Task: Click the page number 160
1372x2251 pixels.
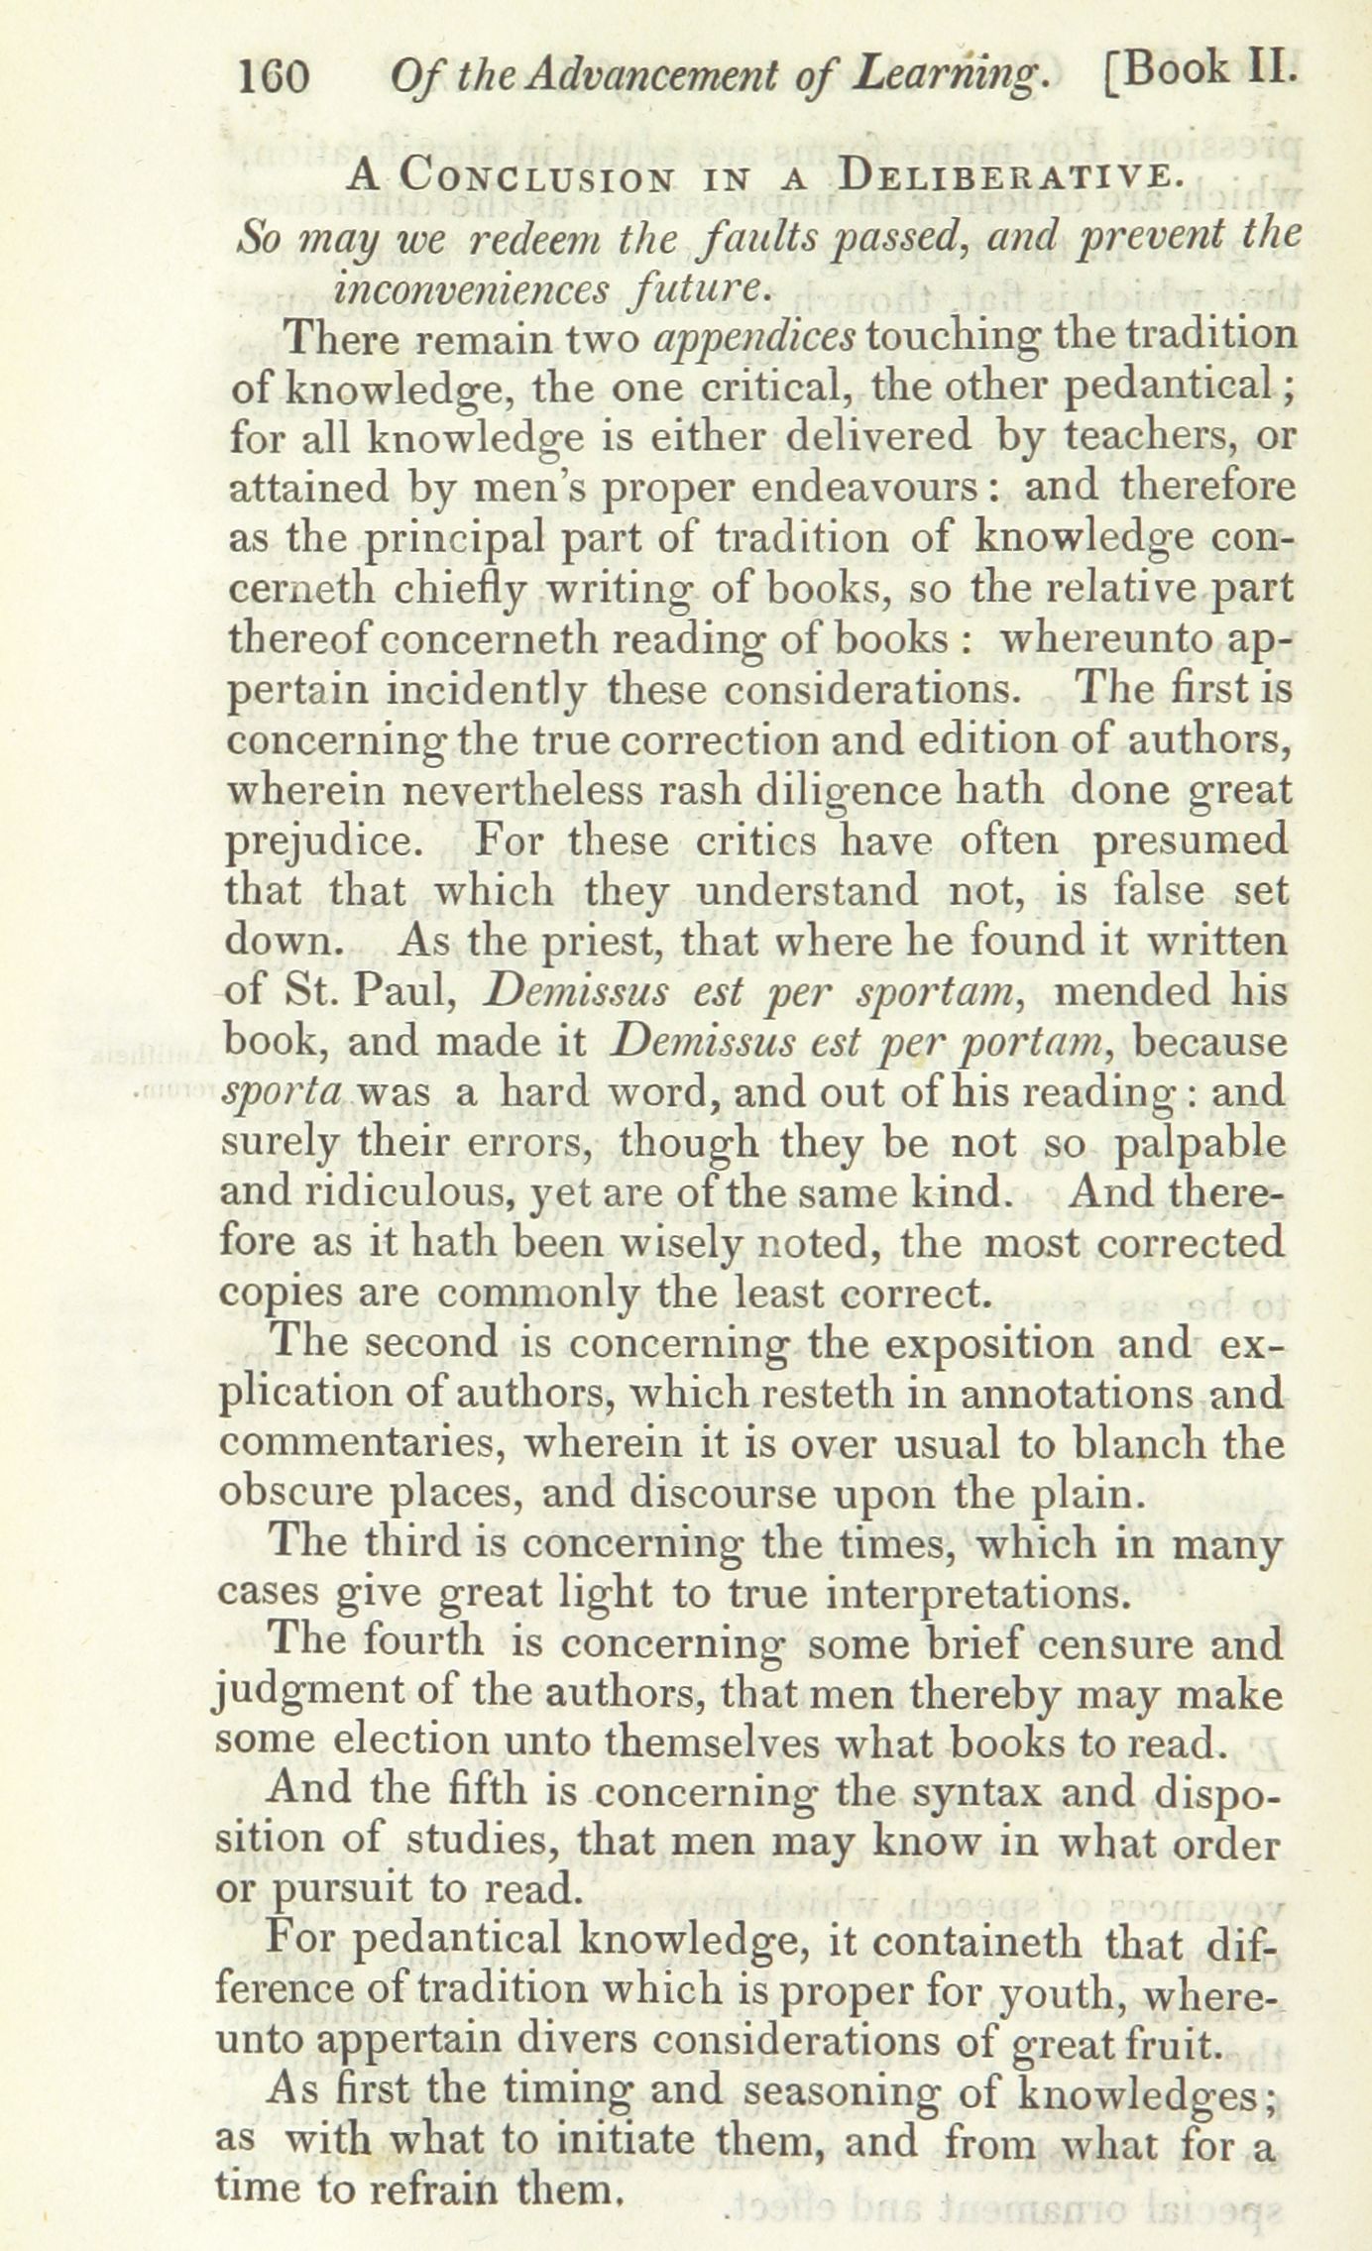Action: [x=275, y=76]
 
